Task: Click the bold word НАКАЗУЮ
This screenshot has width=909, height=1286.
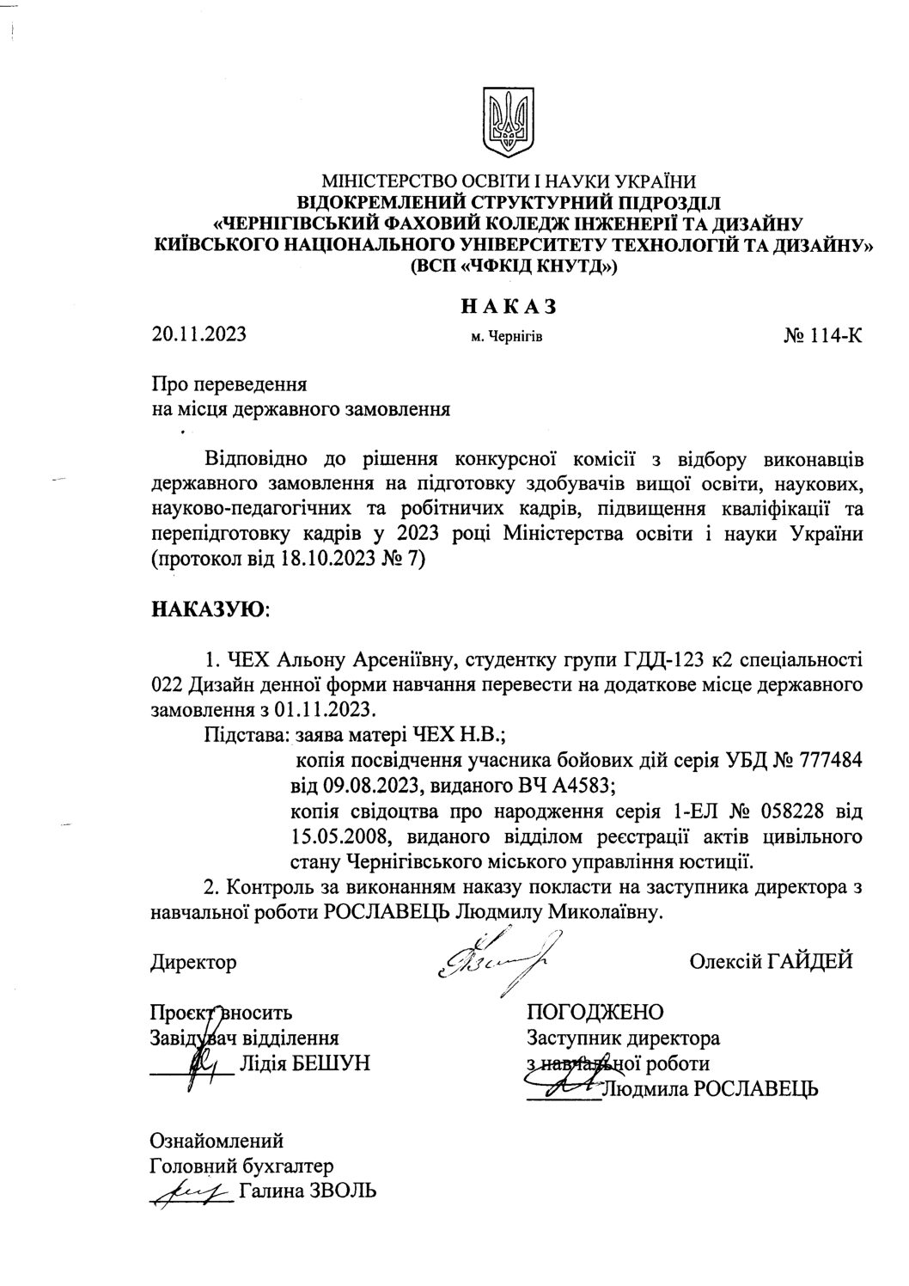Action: pyautogui.click(x=209, y=609)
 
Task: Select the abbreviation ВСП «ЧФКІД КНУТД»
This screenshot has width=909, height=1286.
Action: pyautogui.click(x=507, y=266)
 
